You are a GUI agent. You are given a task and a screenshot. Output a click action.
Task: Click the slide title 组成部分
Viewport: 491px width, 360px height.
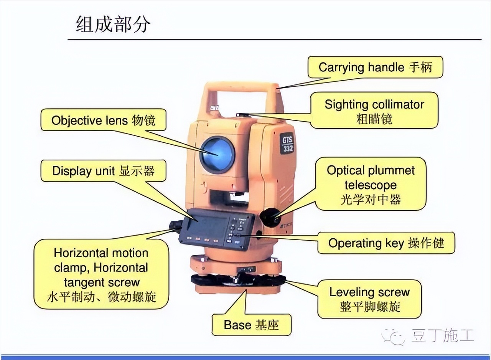(x=113, y=25)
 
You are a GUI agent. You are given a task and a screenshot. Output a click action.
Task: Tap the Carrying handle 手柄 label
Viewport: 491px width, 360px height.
(x=375, y=68)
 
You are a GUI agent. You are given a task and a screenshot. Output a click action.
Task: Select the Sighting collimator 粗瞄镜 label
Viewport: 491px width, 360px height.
(x=374, y=111)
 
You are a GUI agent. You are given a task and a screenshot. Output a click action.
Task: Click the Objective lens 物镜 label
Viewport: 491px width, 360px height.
(x=103, y=120)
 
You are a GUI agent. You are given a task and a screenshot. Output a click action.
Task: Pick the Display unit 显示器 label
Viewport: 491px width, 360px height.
(x=103, y=171)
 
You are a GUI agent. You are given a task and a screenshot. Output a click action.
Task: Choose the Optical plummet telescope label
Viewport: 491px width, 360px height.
(x=371, y=185)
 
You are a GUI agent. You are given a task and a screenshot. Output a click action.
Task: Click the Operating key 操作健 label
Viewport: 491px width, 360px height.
(x=386, y=243)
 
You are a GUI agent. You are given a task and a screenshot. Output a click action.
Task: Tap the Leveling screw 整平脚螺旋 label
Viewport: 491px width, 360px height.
(x=369, y=299)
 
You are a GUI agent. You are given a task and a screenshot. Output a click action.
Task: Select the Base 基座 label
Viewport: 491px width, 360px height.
(x=251, y=325)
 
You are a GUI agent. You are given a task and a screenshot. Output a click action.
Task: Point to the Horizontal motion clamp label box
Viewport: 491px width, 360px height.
(x=101, y=274)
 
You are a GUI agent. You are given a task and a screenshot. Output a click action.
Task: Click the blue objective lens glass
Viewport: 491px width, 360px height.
(x=217, y=154)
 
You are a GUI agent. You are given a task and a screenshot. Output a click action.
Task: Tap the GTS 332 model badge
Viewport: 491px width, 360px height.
(x=287, y=144)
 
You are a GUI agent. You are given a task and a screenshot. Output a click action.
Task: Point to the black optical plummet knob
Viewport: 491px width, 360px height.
(x=270, y=218)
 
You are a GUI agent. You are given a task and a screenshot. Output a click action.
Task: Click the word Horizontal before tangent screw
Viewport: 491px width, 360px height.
(x=120, y=268)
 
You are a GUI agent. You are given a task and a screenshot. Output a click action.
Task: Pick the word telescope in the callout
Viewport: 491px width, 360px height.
(x=370, y=185)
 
